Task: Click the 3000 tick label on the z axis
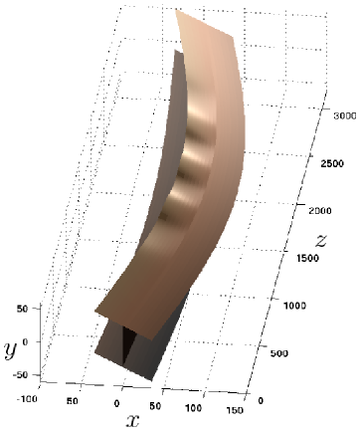(x=345, y=115)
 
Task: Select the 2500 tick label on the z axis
(x=332, y=163)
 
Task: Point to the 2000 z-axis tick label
(x=320, y=211)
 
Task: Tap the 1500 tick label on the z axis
(x=307, y=258)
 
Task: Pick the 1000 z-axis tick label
(x=294, y=306)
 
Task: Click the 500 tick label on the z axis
(x=279, y=353)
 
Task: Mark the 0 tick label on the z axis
(x=261, y=400)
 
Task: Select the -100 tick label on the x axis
(x=27, y=399)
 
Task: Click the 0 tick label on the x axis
(x=116, y=403)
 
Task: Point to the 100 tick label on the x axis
(x=193, y=407)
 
